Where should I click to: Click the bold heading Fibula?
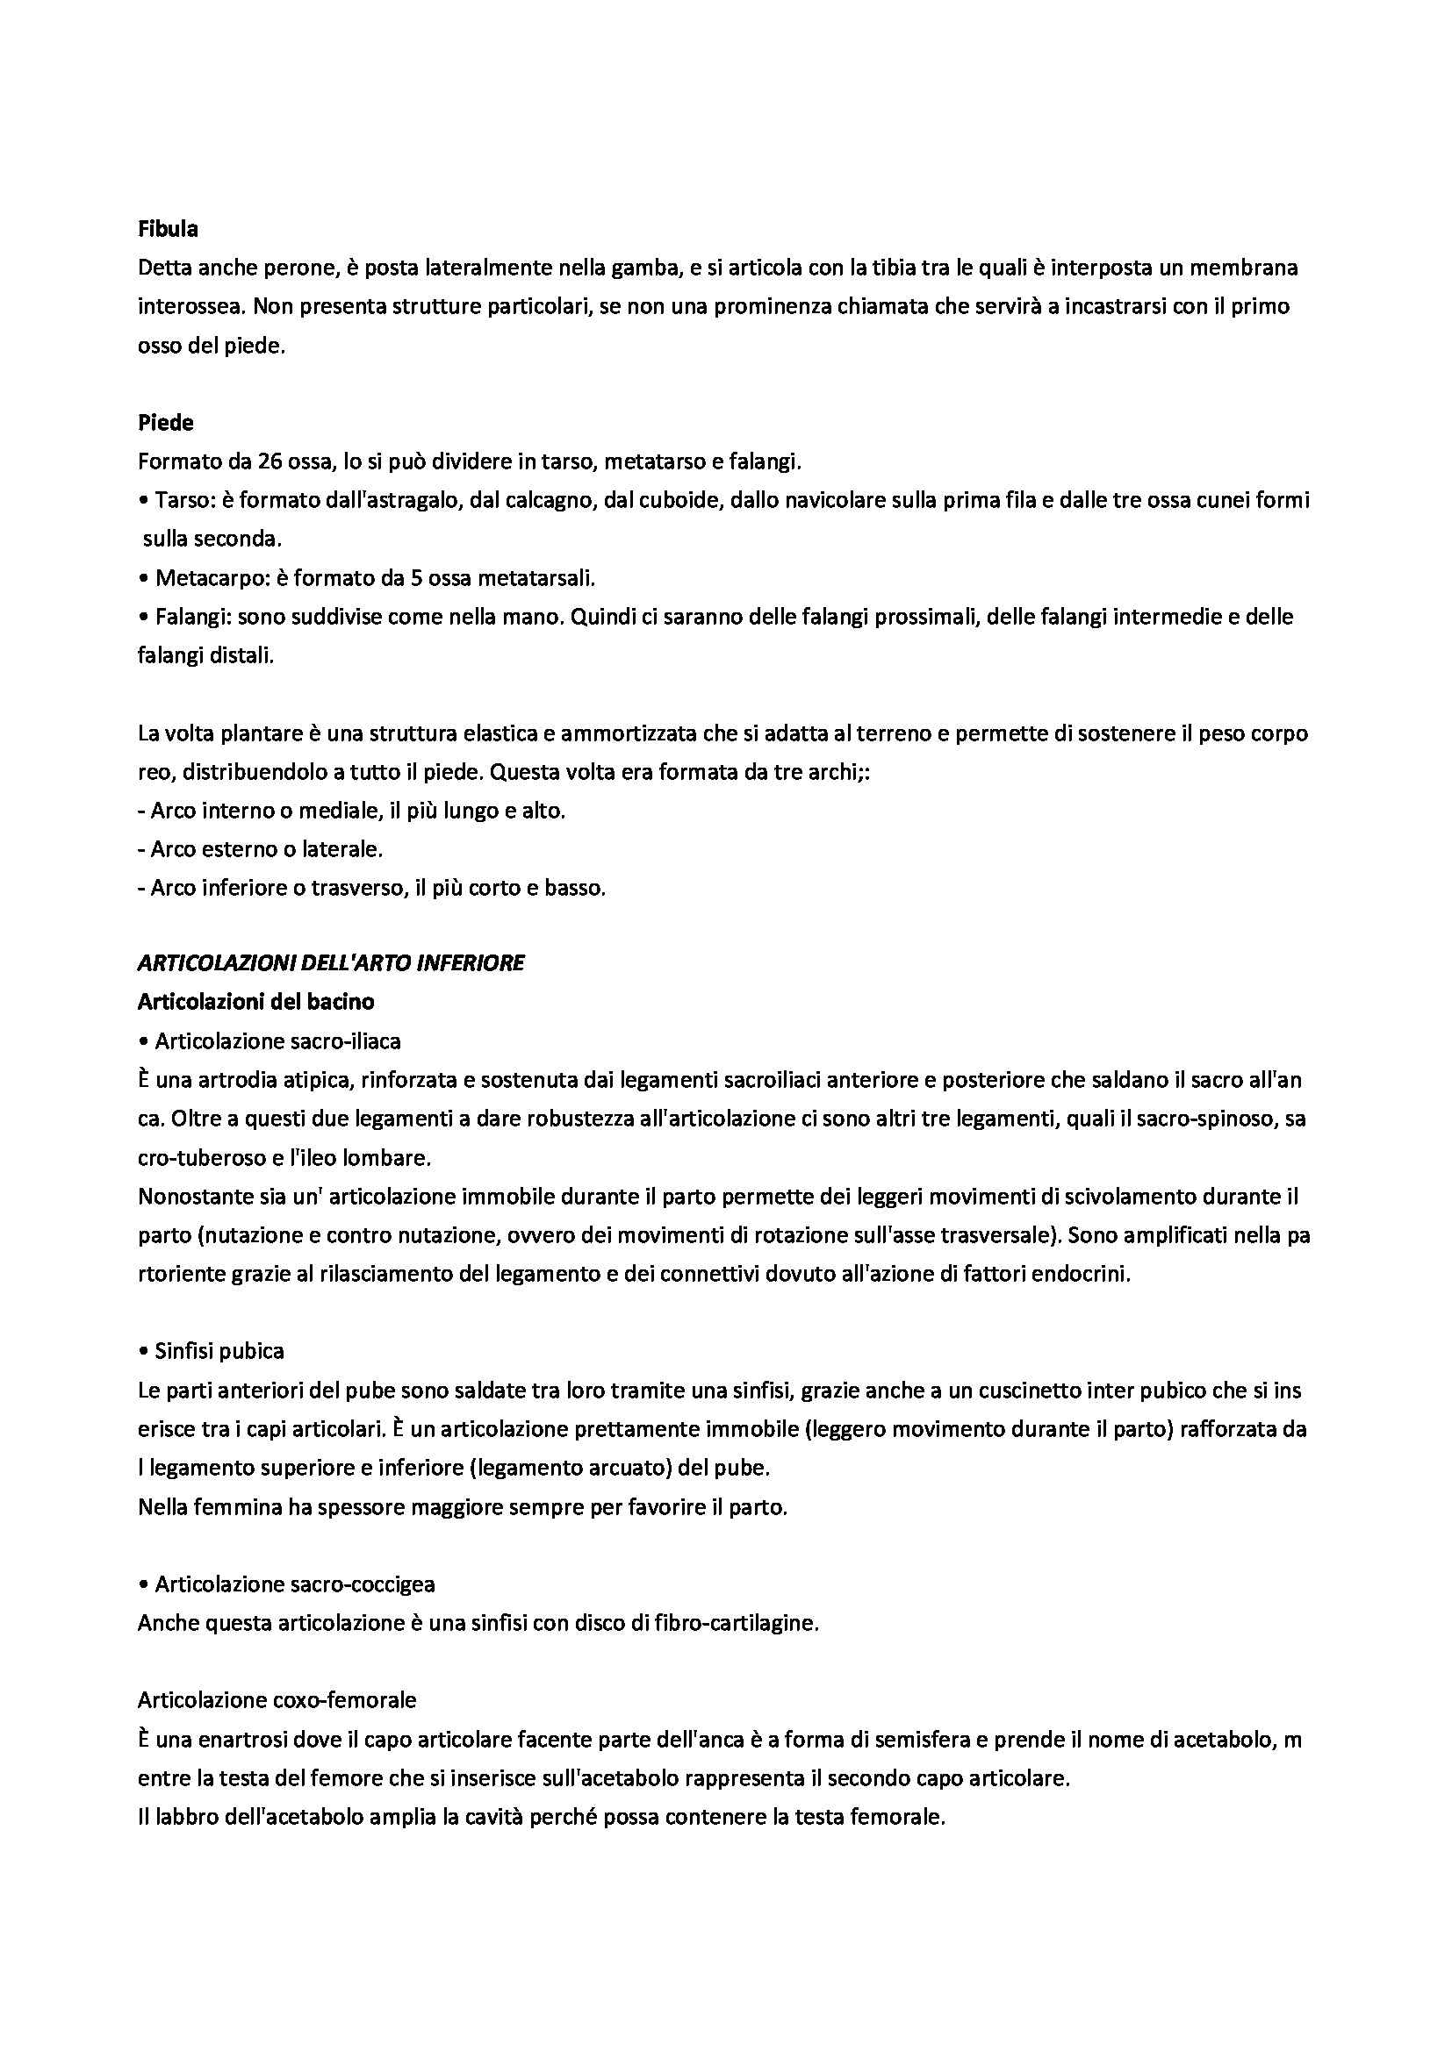pos(168,229)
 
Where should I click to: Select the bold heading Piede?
pos(165,423)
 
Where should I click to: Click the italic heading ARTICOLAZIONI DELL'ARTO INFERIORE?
pos(331,962)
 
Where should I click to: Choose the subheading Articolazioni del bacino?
pos(255,1002)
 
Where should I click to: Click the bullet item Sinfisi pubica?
pos(219,1350)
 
